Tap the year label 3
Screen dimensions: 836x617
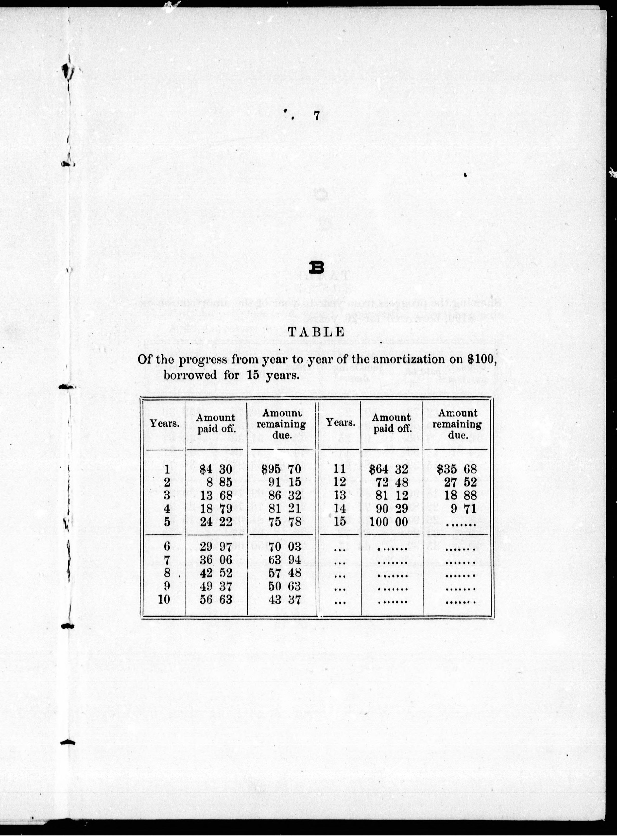(167, 495)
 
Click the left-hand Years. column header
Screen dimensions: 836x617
(165, 424)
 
